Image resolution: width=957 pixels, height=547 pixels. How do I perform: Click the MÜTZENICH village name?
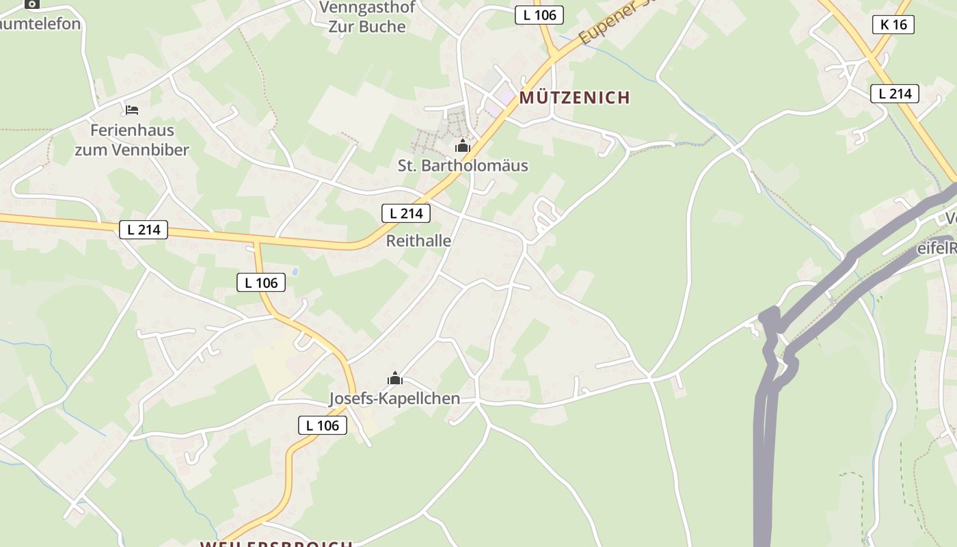pyautogui.click(x=574, y=98)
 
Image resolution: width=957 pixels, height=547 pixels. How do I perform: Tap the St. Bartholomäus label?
pyautogui.click(x=463, y=165)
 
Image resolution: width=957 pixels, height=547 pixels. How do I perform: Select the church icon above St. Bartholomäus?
pyautogui.click(x=463, y=146)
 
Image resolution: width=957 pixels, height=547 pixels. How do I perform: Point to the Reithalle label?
pyautogui.click(x=418, y=241)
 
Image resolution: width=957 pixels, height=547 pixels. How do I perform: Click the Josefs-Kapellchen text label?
pyautogui.click(x=394, y=399)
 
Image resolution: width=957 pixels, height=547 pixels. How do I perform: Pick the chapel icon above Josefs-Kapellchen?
pyautogui.click(x=394, y=378)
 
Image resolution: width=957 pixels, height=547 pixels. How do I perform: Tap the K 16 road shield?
pyautogui.click(x=893, y=25)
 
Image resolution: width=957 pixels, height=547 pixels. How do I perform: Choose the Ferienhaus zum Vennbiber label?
pyautogui.click(x=132, y=139)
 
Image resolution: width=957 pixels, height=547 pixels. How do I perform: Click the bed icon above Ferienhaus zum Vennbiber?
pyautogui.click(x=132, y=109)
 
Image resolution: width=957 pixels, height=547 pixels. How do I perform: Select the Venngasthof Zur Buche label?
pyautogui.click(x=367, y=17)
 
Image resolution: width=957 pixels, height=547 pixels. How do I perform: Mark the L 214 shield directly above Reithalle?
pyautogui.click(x=406, y=213)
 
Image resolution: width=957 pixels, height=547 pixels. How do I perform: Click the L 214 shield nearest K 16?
pyautogui.click(x=894, y=94)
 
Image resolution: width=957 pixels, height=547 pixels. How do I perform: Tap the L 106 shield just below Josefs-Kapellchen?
pyautogui.click(x=323, y=425)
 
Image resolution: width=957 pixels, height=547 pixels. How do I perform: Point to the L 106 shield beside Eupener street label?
pyautogui.click(x=539, y=14)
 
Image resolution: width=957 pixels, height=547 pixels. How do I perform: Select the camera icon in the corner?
pyautogui.click(x=31, y=4)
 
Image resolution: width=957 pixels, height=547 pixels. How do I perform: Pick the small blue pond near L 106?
pyautogui.click(x=295, y=271)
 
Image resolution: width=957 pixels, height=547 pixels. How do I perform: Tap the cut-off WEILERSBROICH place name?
pyautogui.click(x=276, y=544)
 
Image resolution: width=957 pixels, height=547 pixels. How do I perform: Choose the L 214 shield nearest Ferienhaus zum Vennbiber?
pyautogui.click(x=144, y=229)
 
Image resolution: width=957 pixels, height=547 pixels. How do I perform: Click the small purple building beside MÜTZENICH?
pyautogui.click(x=505, y=97)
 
